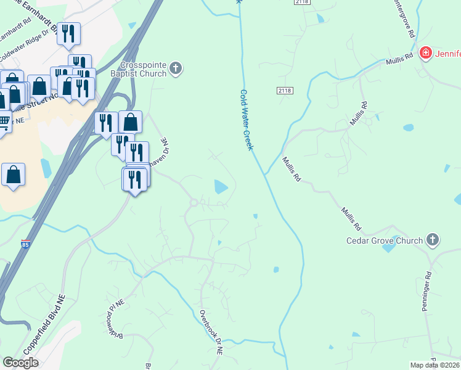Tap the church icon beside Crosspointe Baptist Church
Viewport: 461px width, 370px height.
point(176,68)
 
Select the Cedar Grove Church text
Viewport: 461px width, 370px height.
point(385,240)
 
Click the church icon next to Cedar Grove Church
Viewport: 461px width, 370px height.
point(433,240)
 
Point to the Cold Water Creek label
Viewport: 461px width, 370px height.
point(250,120)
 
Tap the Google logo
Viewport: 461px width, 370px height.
point(20,362)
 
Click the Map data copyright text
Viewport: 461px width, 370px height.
point(434,365)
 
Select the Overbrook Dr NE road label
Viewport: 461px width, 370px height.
point(211,332)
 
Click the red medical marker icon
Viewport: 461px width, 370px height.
point(425,54)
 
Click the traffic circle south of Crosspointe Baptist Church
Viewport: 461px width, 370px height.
point(194,202)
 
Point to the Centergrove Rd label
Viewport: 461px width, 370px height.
point(402,18)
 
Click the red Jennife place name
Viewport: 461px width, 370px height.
point(449,54)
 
